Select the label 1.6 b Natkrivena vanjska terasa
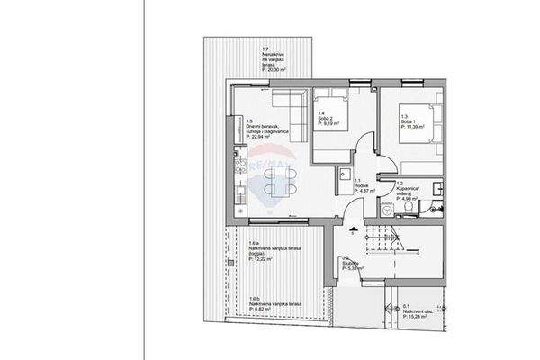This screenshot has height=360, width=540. pyautogui.click(x=266, y=303)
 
